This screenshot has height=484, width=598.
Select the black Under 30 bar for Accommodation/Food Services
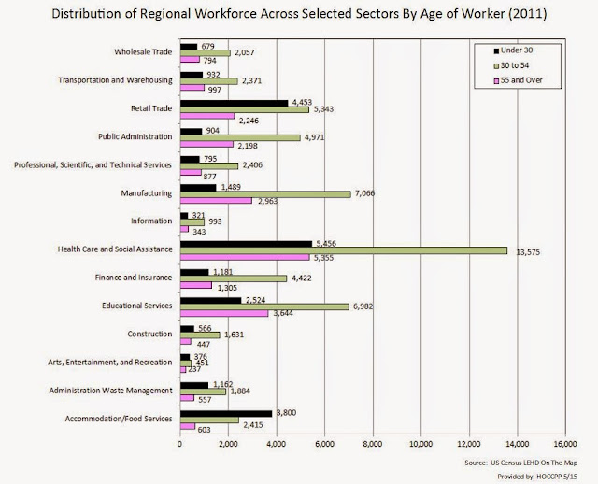(225, 412)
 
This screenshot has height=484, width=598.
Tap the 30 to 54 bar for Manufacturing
(264, 194)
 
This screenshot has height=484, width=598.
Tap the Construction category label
(150, 333)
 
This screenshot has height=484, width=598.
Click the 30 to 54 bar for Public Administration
(239, 137)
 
